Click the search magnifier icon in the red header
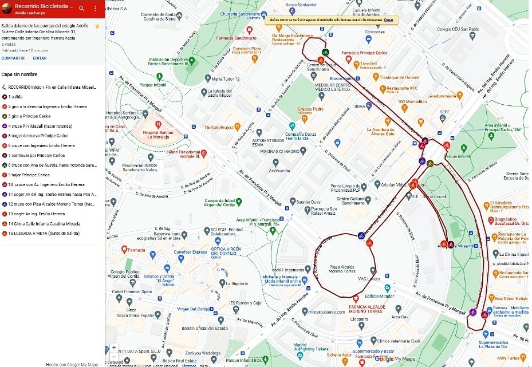click(x=81, y=9)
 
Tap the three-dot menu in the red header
click(x=96, y=9)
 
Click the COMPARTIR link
click(x=13, y=58)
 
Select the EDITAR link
click(x=40, y=58)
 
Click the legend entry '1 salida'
click(x=15, y=97)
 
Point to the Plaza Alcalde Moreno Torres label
click(x=347, y=268)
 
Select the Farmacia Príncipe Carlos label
click(x=364, y=53)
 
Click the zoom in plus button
click(x=113, y=348)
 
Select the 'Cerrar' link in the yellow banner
click(x=389, y=20)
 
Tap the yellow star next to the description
click(x=97, y=26)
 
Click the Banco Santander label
click(x=302, y=5)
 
